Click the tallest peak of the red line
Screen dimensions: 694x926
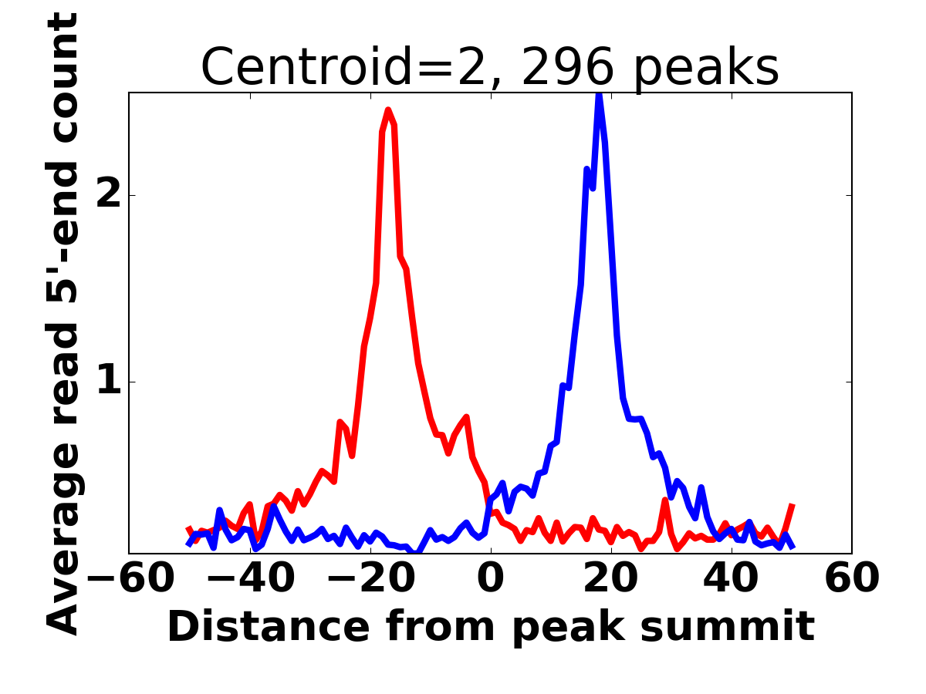pos(388,110)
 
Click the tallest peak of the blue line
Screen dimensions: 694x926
pos(599,96)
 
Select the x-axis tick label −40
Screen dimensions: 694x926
pos(249,578)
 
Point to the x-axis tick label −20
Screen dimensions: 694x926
pos(370,578)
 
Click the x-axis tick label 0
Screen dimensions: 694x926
pos(491,578)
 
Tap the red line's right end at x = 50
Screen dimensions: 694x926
pos(792,505)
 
